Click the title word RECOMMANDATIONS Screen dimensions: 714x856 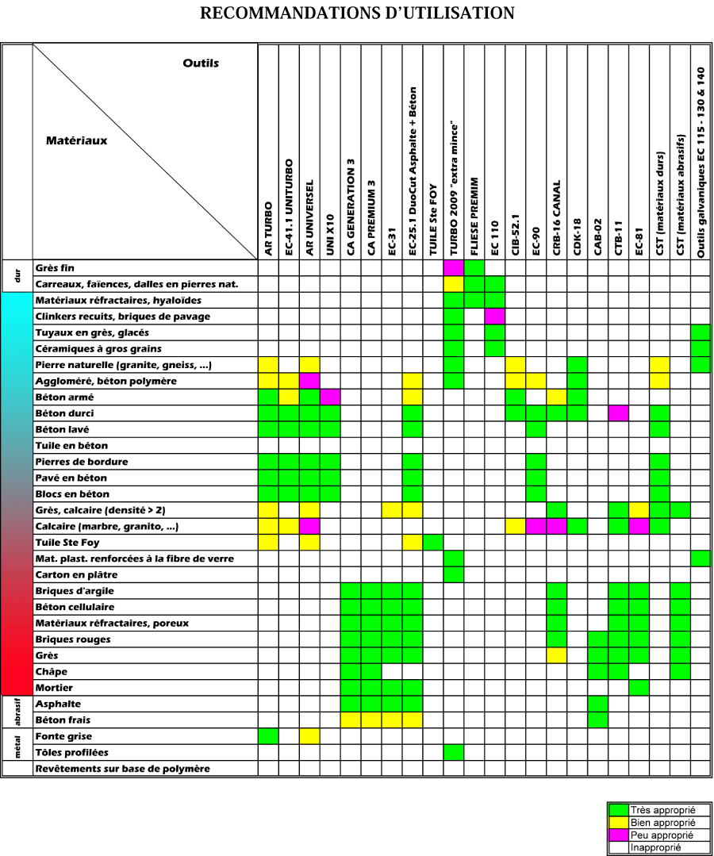(x=290, y=13)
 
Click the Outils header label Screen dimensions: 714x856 (x=201, y=63)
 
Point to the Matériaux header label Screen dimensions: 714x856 (x=77, y=141)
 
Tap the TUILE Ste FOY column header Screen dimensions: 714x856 (x=433, y=220)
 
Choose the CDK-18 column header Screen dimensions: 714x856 (x=578, y=236)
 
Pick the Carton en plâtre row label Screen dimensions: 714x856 (x=76, y=575)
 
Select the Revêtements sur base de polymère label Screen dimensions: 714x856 (x=123, y=769)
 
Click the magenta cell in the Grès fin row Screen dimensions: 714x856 (x=454, y=268)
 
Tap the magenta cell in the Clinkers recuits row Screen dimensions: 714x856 (x=495, y=317)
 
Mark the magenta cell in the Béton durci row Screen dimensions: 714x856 (x=619, y=413)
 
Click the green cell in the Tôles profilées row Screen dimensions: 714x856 (x=454, y=752)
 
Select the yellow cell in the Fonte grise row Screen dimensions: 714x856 (x=309, y=736)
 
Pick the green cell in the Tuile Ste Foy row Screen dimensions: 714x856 (x=433, y=543)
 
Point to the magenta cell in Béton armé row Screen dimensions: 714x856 (x=330, y=397)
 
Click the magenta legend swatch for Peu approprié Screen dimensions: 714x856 (x=619, y=835)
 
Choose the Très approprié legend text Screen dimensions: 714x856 (x=662, y=810)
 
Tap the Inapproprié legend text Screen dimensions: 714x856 (x=655, y=848)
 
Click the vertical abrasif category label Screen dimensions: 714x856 (x=17, y=712)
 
